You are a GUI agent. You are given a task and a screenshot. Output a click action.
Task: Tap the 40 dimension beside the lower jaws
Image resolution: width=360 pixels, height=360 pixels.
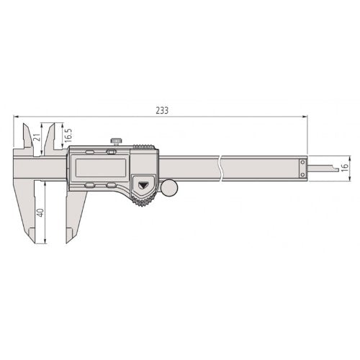click(40, 212)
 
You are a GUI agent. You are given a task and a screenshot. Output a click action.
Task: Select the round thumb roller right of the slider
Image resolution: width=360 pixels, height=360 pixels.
click(170, 189)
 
